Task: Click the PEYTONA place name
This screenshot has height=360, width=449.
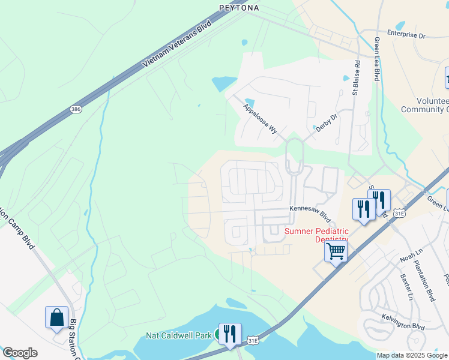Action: click(238, 8)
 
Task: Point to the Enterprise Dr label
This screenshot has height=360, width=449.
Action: click(406, 35)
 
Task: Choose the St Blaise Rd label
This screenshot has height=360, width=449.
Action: click(356, 77)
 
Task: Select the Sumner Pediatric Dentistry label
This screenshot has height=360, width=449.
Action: click(316, 235)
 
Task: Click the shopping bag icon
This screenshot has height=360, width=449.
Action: click(57, 317)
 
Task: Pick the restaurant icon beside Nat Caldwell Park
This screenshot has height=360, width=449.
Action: click(230, 334)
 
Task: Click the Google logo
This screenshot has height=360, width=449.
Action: click(20, 353)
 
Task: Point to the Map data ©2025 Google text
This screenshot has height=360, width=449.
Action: click(412, 355)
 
